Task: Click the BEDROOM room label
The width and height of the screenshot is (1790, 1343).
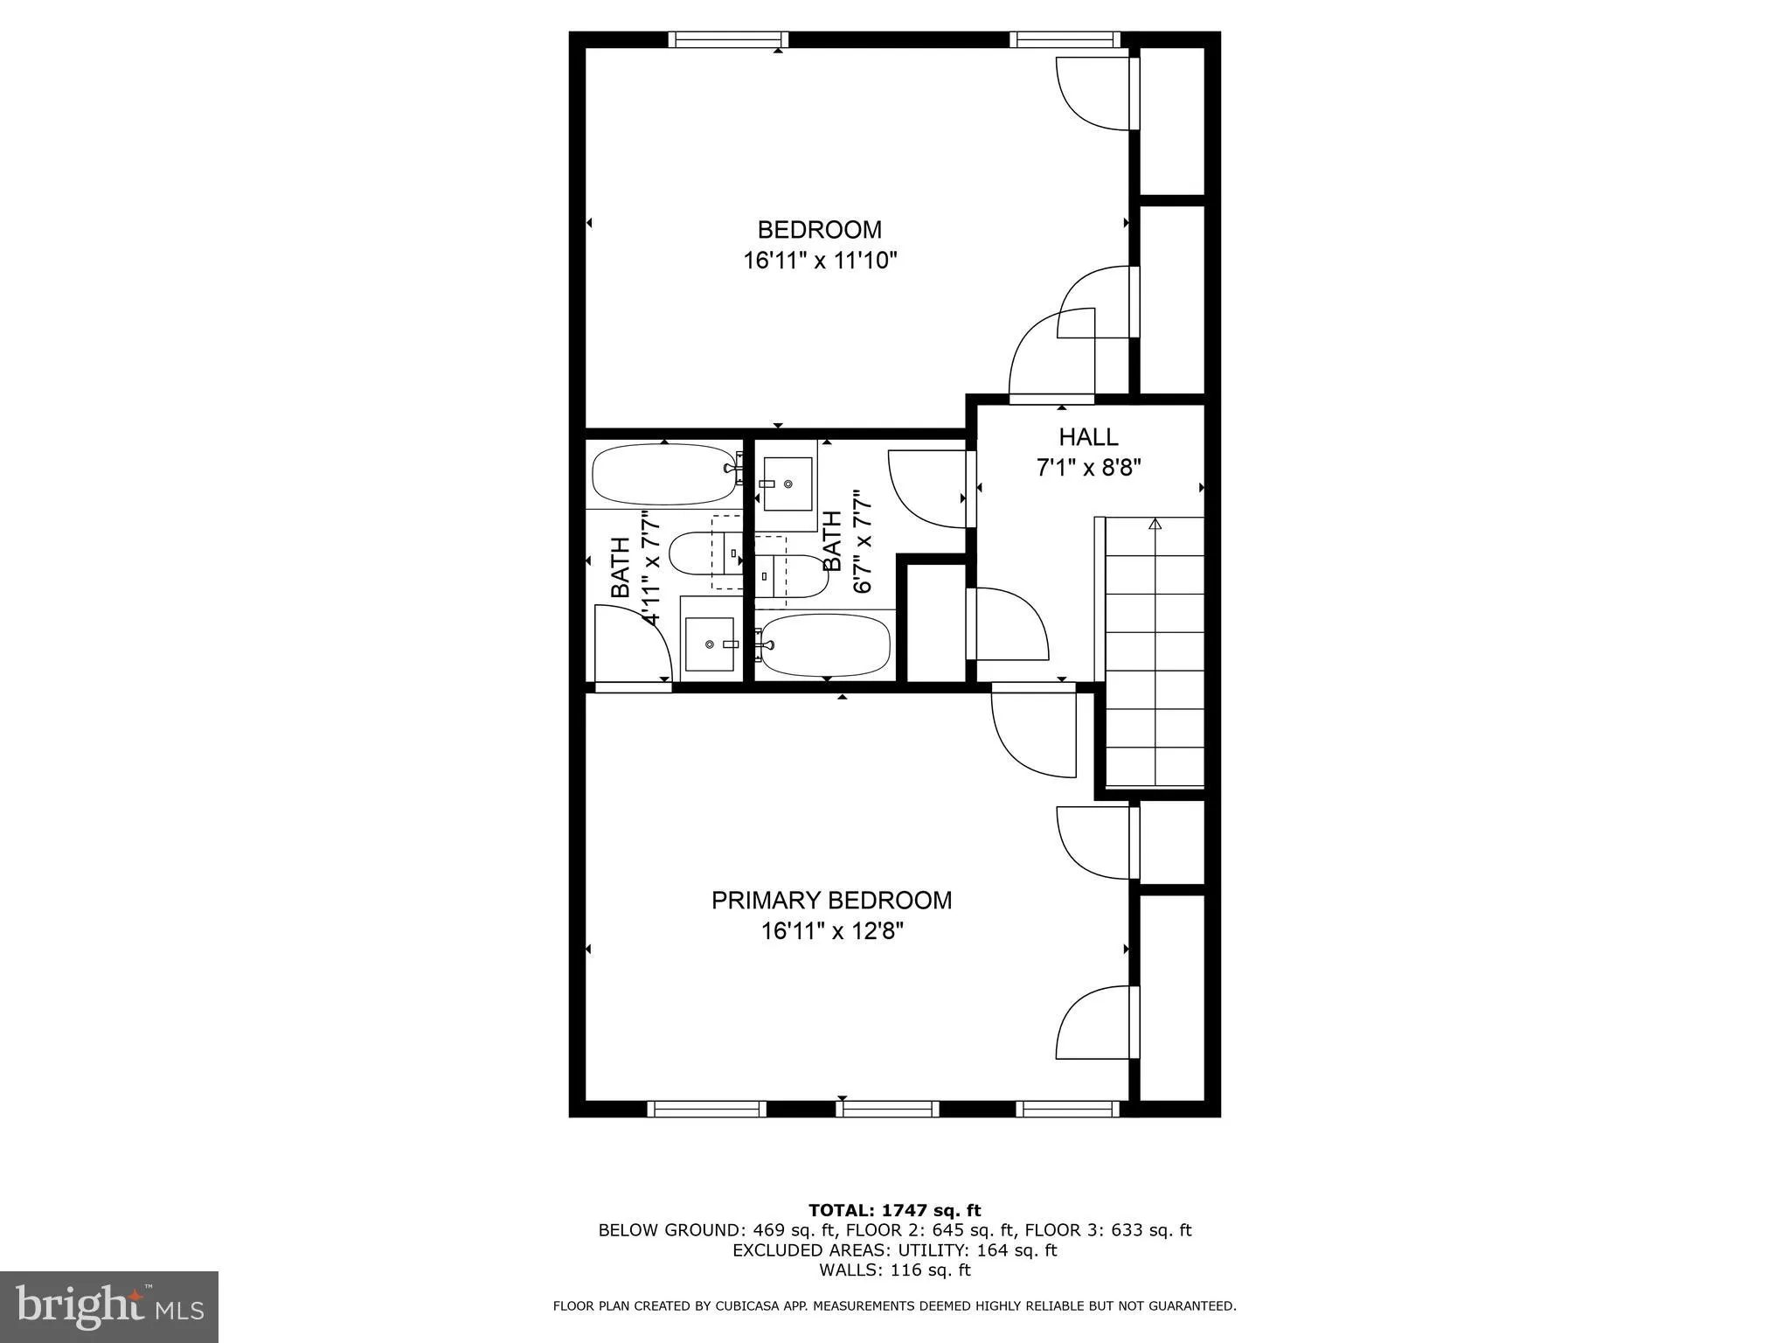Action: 819,230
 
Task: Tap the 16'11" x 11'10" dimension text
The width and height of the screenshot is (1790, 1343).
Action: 820,261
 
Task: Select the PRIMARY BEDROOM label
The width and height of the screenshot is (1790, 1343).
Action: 831,900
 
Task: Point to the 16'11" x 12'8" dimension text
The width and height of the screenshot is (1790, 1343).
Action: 831,931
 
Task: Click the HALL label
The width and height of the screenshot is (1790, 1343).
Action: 1088,437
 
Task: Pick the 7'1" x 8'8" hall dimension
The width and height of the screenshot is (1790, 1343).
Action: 1089,468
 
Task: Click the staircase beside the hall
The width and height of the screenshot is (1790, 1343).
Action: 1155,651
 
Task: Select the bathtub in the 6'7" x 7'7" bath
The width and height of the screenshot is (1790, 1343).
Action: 824,645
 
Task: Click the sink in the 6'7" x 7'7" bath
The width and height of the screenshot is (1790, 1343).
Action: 787,484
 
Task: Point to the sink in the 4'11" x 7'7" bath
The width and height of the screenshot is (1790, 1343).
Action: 710,644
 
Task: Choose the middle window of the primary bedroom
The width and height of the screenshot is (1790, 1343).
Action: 887,1109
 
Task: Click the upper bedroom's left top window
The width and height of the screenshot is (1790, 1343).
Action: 728,39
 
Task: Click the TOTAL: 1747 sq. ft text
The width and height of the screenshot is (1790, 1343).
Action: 894,1211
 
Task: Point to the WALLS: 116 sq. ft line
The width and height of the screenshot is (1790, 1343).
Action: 894,1270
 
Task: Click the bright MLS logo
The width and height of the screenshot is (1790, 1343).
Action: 109,1307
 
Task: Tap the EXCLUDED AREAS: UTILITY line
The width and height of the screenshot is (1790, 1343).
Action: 894,1250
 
